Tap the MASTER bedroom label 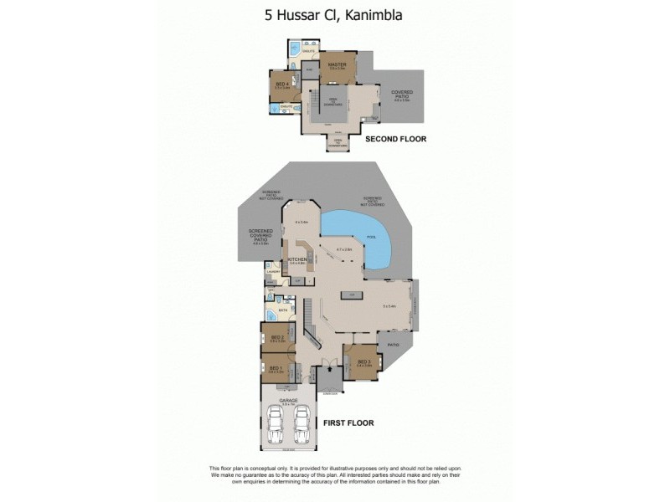(x=338, y=64)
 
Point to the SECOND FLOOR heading (x=395, y=139)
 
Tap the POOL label (x=371, y=238)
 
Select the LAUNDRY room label (x=272, y=272)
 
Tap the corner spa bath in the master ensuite (x=293, y=50)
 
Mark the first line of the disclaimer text (x=335, y=468)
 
